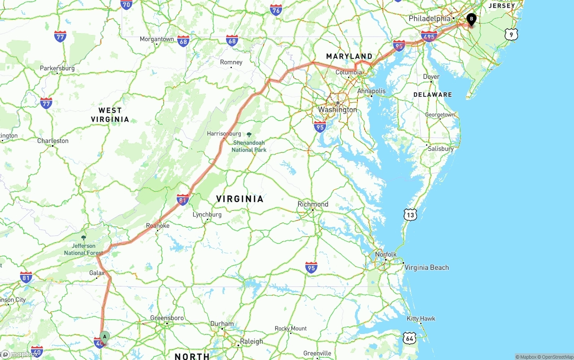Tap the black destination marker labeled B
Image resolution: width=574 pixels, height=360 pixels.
[471, 19]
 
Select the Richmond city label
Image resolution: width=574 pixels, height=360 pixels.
[313, 204]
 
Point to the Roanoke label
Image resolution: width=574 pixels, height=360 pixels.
[158, 226]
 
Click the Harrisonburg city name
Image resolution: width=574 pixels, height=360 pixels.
[224, 134]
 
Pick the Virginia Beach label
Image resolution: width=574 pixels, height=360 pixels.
[426, 268]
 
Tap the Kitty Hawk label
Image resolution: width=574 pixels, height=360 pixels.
[421, 319]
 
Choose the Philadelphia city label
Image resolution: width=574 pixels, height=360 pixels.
[429, 18]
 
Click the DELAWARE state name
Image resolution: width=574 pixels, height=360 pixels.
[432, 95]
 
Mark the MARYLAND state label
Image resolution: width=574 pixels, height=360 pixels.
[349, 56]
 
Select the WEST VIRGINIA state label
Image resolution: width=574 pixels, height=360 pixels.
[110, 115]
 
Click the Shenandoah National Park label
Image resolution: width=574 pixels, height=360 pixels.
[249, 146]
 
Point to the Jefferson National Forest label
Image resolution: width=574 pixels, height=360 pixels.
[83, 249]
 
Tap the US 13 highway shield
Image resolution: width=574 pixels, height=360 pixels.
[410, 215]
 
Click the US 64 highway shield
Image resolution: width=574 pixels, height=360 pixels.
[409, 338]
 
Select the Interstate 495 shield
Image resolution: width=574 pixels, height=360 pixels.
[429, 36]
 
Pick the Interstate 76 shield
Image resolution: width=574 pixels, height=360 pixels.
[276, 10]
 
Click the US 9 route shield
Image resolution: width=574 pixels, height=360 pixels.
[511, 34]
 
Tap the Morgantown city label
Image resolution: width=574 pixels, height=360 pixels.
[157, 39]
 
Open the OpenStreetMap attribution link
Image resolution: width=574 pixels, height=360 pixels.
[557, 357]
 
